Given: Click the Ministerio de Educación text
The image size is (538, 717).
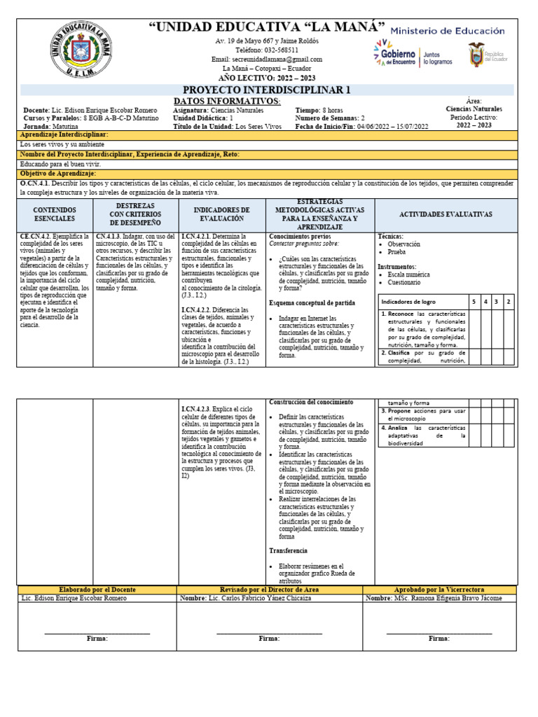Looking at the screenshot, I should pos(446,31).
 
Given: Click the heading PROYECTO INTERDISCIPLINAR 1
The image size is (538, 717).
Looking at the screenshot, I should pos(267,90).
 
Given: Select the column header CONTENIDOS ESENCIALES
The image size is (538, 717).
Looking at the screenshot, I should pos(55,214).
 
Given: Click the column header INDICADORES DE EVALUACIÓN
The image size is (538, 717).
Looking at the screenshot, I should pos(221,214).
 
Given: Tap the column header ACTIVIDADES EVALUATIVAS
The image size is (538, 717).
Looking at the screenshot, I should pos(445,214).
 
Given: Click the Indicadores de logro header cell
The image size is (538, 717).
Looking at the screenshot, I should pos(408,301).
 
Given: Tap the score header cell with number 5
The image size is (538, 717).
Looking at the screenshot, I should pos(474,301).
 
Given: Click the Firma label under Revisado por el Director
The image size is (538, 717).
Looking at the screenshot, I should pos(269,639).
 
